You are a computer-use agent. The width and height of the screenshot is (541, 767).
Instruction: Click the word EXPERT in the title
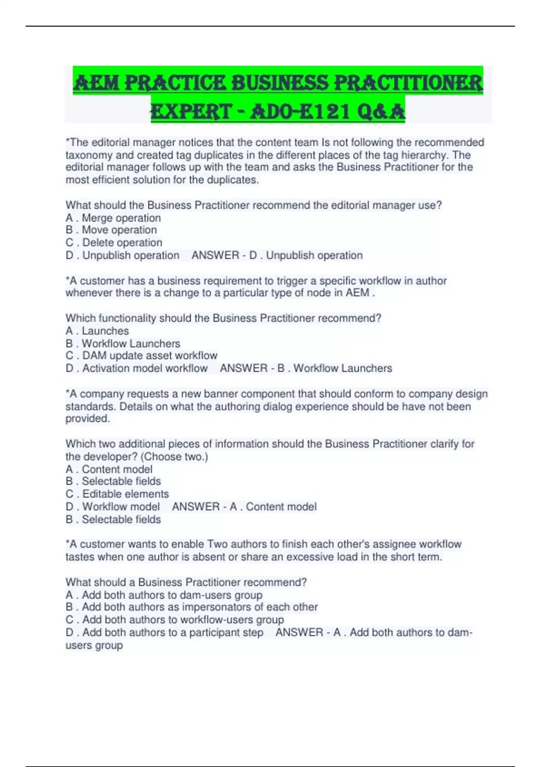191,111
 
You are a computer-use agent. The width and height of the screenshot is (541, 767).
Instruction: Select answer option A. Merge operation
113,218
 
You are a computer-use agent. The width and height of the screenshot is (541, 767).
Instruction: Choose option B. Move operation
111,230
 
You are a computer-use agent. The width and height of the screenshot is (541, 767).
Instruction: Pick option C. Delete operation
114,243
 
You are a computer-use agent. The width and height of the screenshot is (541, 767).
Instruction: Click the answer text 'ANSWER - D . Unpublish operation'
277,255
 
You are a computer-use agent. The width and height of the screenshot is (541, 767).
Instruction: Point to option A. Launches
97,331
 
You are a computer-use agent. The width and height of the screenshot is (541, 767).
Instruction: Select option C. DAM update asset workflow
142,356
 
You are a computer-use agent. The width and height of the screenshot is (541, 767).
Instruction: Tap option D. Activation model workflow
137,368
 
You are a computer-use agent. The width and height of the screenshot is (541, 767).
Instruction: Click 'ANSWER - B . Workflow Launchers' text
306,368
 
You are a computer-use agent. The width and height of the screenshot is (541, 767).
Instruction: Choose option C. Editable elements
117,494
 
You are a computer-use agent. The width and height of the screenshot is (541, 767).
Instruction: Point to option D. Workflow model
113,507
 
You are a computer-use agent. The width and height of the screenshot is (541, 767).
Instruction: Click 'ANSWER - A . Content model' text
244,507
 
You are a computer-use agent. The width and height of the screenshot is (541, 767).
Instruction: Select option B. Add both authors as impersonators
192,607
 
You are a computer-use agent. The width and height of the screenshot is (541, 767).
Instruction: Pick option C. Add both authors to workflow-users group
175,620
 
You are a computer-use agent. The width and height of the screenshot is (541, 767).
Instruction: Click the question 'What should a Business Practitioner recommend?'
186,582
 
